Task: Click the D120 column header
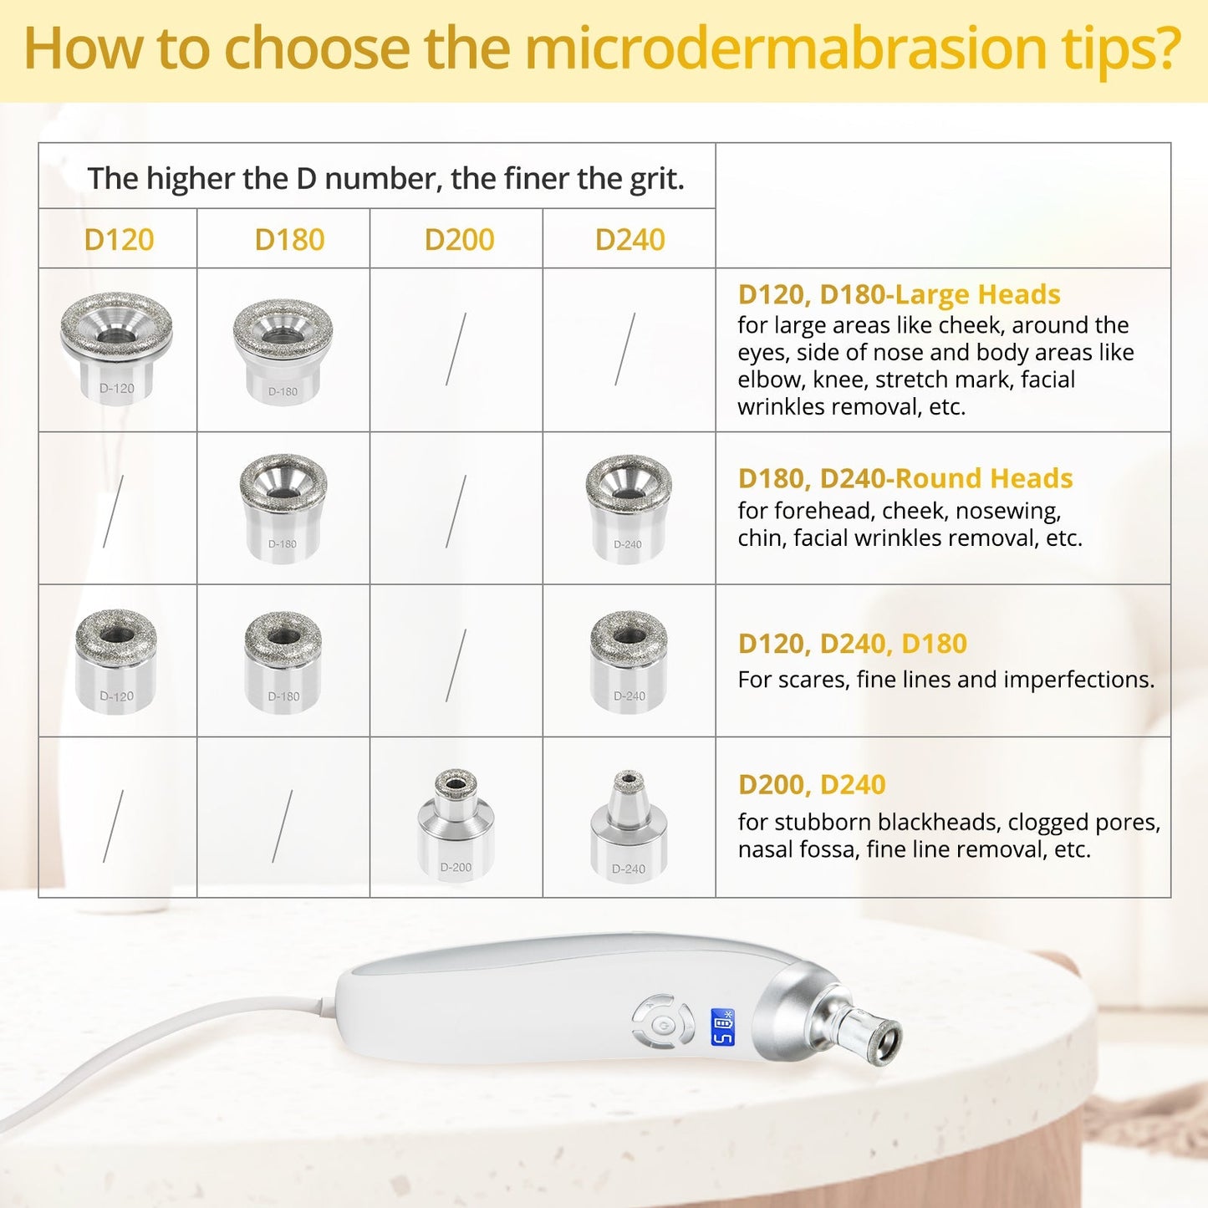click(119, 240)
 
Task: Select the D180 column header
click(289, 240)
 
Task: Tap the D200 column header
click(459, 240)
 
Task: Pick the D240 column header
click(629, 240)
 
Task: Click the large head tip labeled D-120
click(116, 346)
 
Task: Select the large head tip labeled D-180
click(283, 349)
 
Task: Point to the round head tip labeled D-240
click(629, 507)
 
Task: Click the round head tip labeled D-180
click(283, 507)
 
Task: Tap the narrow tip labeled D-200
click(456, 823)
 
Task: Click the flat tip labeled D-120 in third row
click(116, 660)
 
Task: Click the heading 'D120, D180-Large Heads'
click(899, 294)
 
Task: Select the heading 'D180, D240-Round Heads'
click(905, 478)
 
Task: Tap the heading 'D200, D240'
click(811, 785)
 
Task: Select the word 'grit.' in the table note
click(657, 179)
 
